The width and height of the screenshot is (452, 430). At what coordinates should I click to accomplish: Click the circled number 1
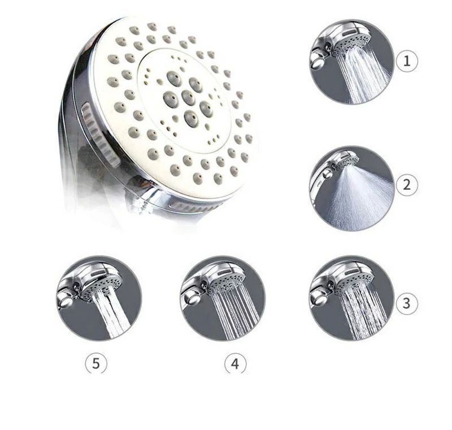(x=407, y=61)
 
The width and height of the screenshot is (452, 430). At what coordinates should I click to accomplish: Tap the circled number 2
(x=407, y=185)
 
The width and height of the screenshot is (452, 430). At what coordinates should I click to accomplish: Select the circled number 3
(x=406, y=303)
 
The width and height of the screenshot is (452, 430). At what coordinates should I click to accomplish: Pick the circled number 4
(x=236, y=364)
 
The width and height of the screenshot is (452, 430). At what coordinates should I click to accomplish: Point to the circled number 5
(x=96, y=364)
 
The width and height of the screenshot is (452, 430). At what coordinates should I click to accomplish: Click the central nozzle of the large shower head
(x=188, y=97)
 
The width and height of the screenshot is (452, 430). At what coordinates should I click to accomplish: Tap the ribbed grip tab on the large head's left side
(x=100, y=134)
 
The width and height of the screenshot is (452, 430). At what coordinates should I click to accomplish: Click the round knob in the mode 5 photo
(x=66, y=301)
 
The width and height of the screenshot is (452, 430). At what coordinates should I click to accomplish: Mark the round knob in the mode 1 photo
(x=318, y=60)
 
